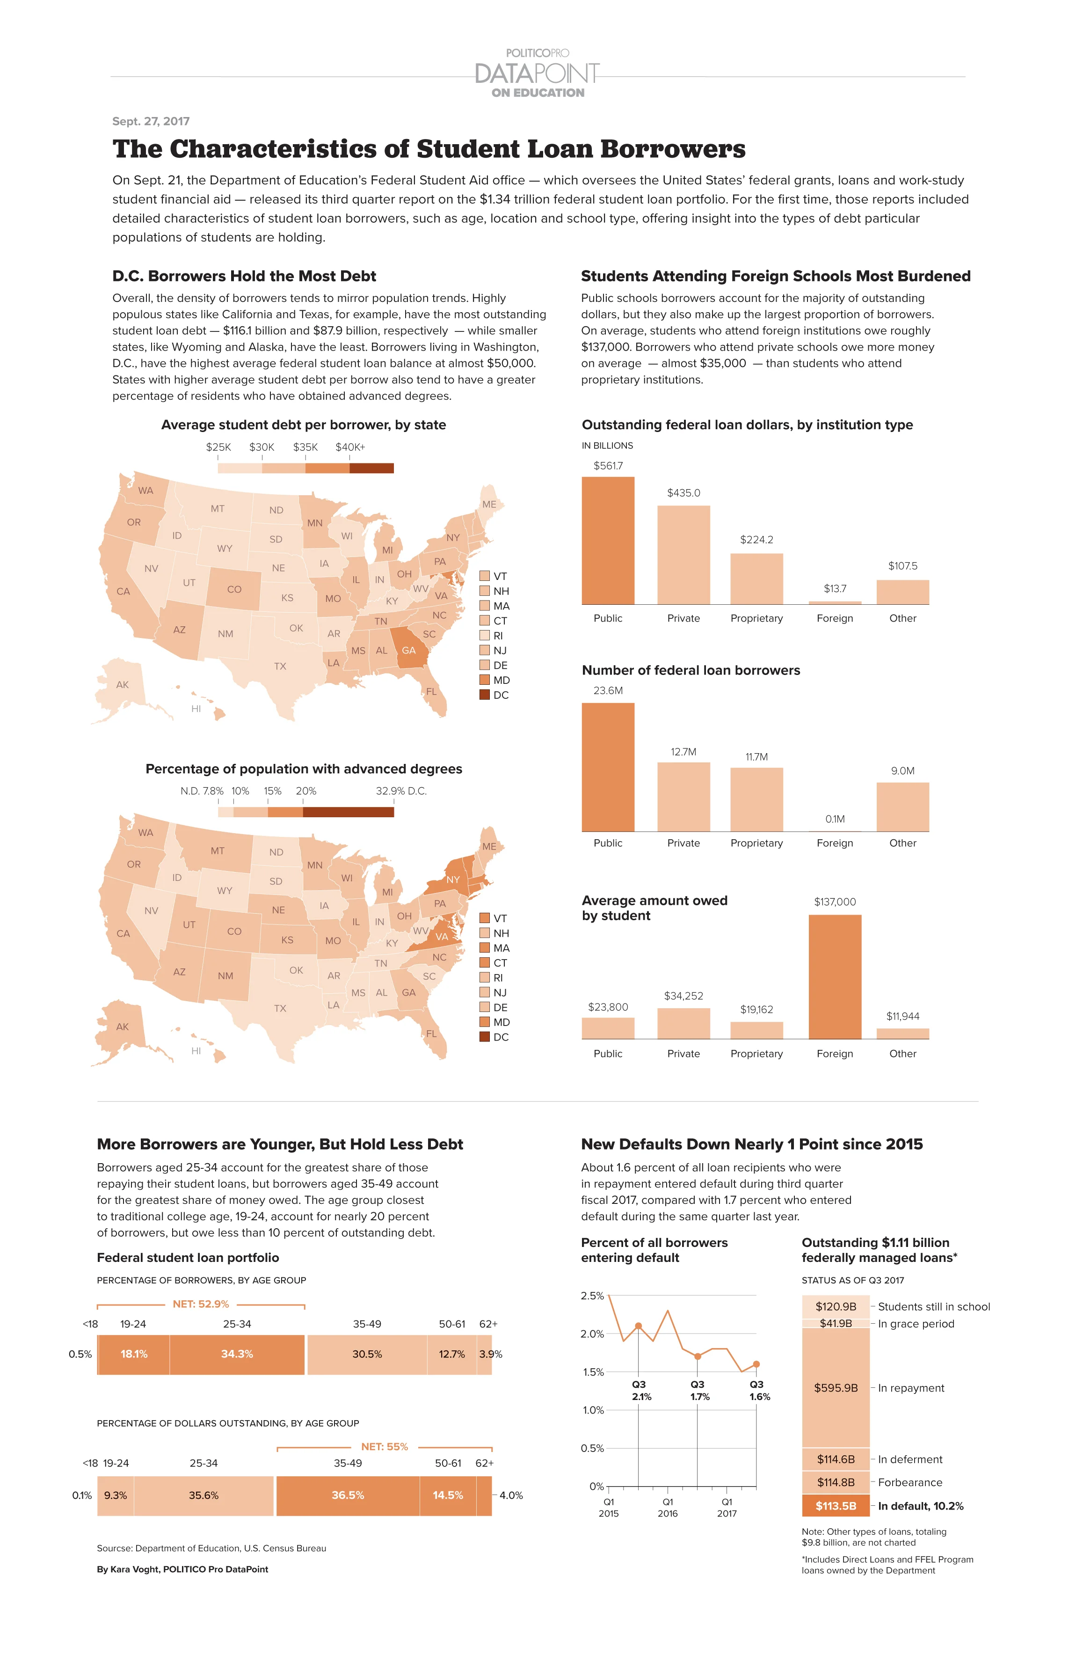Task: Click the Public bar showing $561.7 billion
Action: [x=608, y=540]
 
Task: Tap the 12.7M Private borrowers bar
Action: [x=683, y=796]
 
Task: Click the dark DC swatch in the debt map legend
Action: [x=484, y=695]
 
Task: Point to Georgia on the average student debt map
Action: [x=408, y=650]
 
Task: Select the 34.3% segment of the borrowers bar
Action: [x=237, y=1354]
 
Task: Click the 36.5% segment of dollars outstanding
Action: [x=347, y=1495]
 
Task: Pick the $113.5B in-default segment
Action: [x=836, y=1505]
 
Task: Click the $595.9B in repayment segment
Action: [x=836, y=1387]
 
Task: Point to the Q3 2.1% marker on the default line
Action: [x=638, y=1326]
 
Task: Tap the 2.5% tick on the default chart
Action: [x=592, y=1296]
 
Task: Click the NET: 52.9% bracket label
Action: [x=201, y=1304]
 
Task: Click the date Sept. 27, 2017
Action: [x=151, y=121]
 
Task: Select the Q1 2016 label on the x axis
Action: [x=667, y=1508]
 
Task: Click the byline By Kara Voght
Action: [x=182, y=1569]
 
